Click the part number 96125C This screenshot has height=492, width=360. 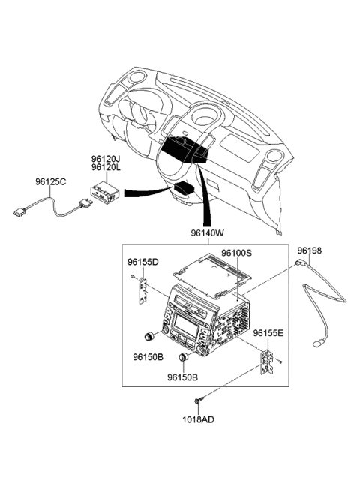50,181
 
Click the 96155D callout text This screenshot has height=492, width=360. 142,262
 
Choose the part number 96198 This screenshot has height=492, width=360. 309,250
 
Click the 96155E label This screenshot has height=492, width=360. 268,332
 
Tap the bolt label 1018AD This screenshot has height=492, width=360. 198,419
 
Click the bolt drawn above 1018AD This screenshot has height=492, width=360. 198,399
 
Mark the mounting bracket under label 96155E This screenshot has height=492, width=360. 266,363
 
